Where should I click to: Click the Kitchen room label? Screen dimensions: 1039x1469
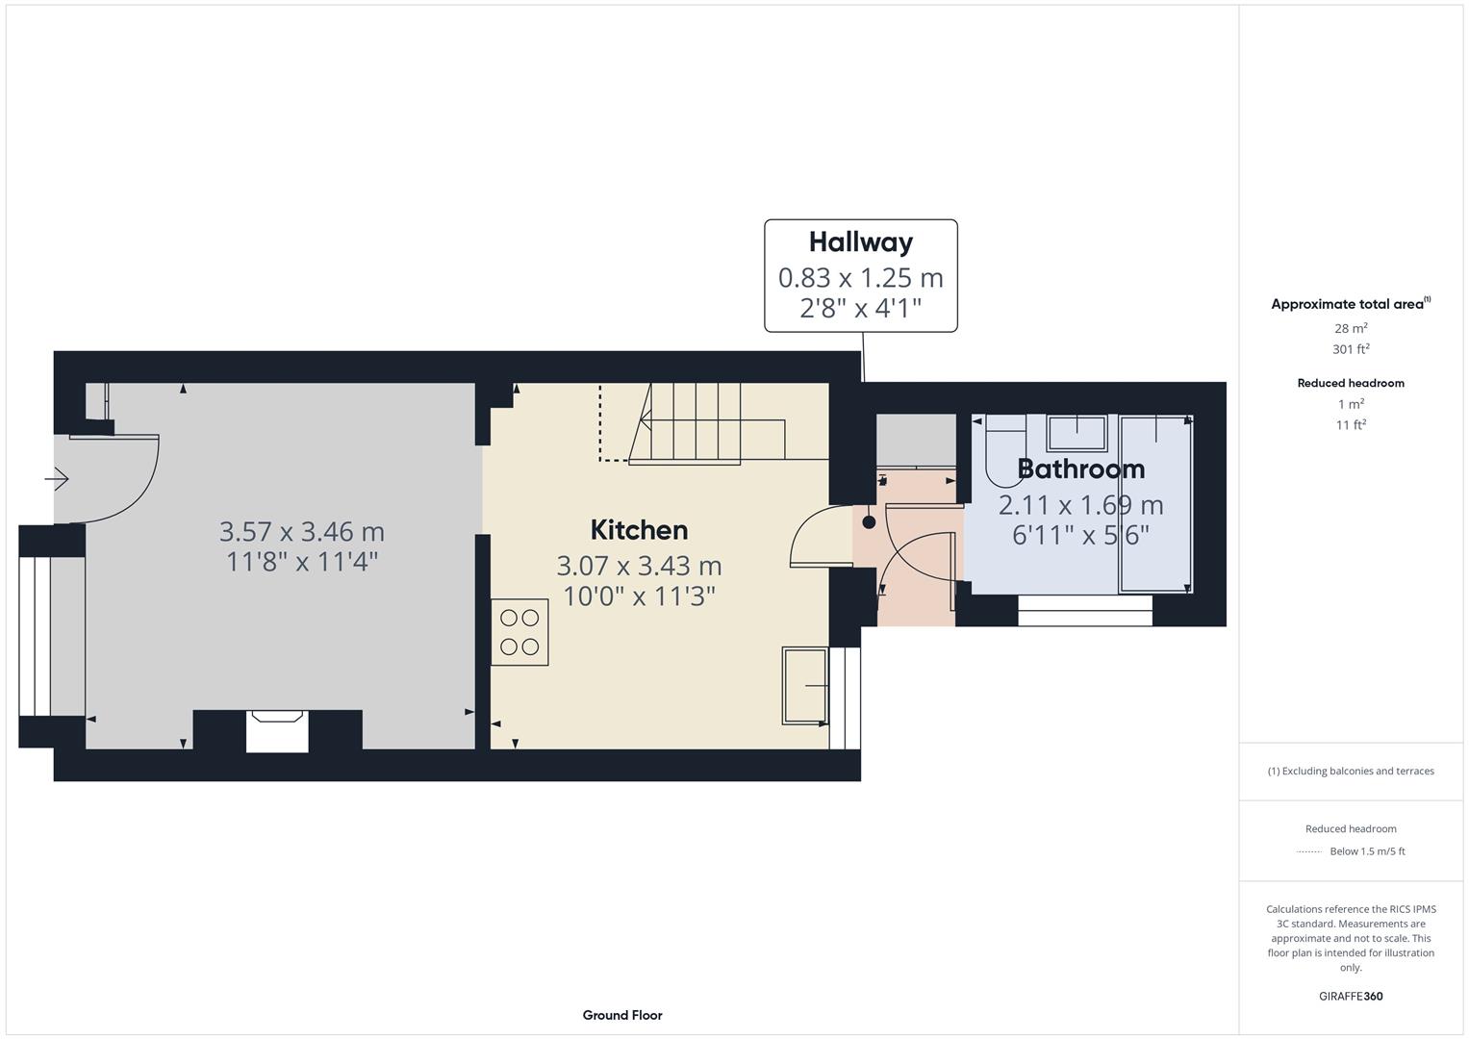pos(639,530)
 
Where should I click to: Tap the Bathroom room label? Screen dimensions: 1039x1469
pos(1080,469)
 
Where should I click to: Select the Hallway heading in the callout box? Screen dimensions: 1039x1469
pos(860,241)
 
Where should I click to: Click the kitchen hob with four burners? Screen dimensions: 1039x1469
pos(519,632)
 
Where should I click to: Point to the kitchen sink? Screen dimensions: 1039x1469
pos(804,685)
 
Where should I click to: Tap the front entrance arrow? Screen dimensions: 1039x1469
pos(57,478)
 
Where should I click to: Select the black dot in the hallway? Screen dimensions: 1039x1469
pos(869,522)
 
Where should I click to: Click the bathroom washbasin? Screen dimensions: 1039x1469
pos(1076,433)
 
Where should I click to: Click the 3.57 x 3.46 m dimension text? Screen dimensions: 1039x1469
pos(302,531)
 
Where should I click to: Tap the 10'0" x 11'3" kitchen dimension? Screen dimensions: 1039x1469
pos(639,596)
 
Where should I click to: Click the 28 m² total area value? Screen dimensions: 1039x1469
pos(1351,328)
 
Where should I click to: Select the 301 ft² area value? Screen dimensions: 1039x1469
pos(1351,349)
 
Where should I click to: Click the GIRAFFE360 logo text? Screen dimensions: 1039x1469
pos(1351,997)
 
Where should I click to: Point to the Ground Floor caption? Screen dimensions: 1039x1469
pos(622,1015)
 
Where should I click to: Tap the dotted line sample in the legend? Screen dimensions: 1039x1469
pos(1309,851)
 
